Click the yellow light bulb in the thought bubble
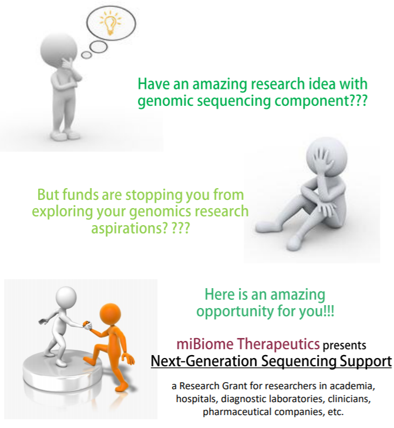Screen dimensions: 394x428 point(110,23)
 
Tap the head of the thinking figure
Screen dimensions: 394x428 point(58,49)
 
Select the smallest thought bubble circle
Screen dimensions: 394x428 point(86,55)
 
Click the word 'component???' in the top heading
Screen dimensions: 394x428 point(321,101)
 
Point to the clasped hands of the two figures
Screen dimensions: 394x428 point(87,325)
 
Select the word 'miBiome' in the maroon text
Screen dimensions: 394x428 point(204,344)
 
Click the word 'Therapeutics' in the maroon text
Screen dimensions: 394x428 point(278,345)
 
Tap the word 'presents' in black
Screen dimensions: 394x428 point(344,346)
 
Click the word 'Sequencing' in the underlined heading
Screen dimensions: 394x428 point(298,362)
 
